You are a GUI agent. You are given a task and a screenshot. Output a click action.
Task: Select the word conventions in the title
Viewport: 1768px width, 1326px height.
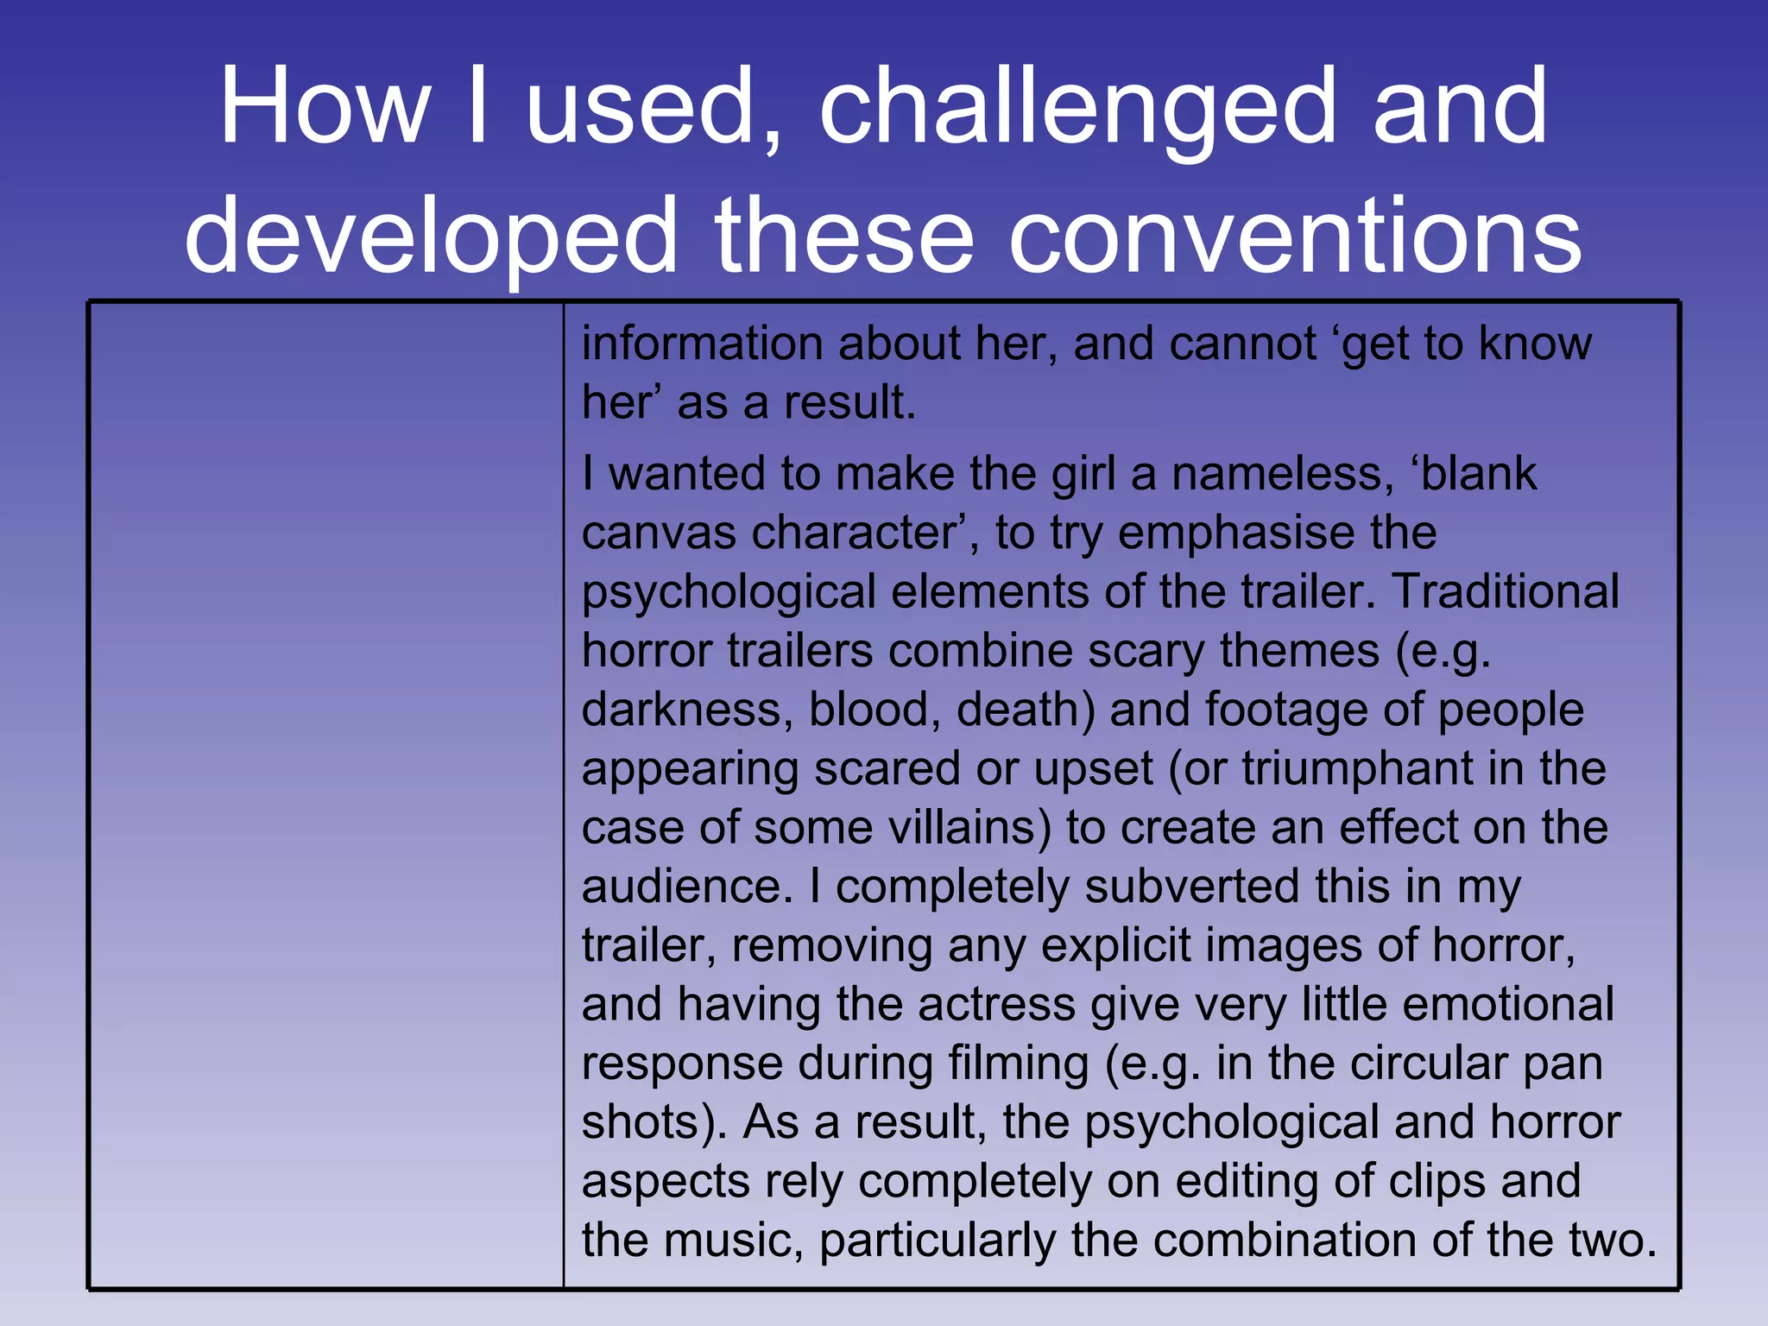click(1295, 237)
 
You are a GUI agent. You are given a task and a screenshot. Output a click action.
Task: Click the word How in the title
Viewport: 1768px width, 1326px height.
click(325, 107)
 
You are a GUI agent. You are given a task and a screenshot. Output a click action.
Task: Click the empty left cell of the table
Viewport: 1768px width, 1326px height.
click(326, 794)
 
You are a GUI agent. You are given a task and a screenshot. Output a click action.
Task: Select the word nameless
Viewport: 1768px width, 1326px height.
click(1281, 475)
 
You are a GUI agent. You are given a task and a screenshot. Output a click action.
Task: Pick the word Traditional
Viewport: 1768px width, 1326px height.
click(1506, 592)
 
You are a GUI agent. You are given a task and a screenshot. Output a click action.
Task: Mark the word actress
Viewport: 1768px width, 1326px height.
click(996, 1005)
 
